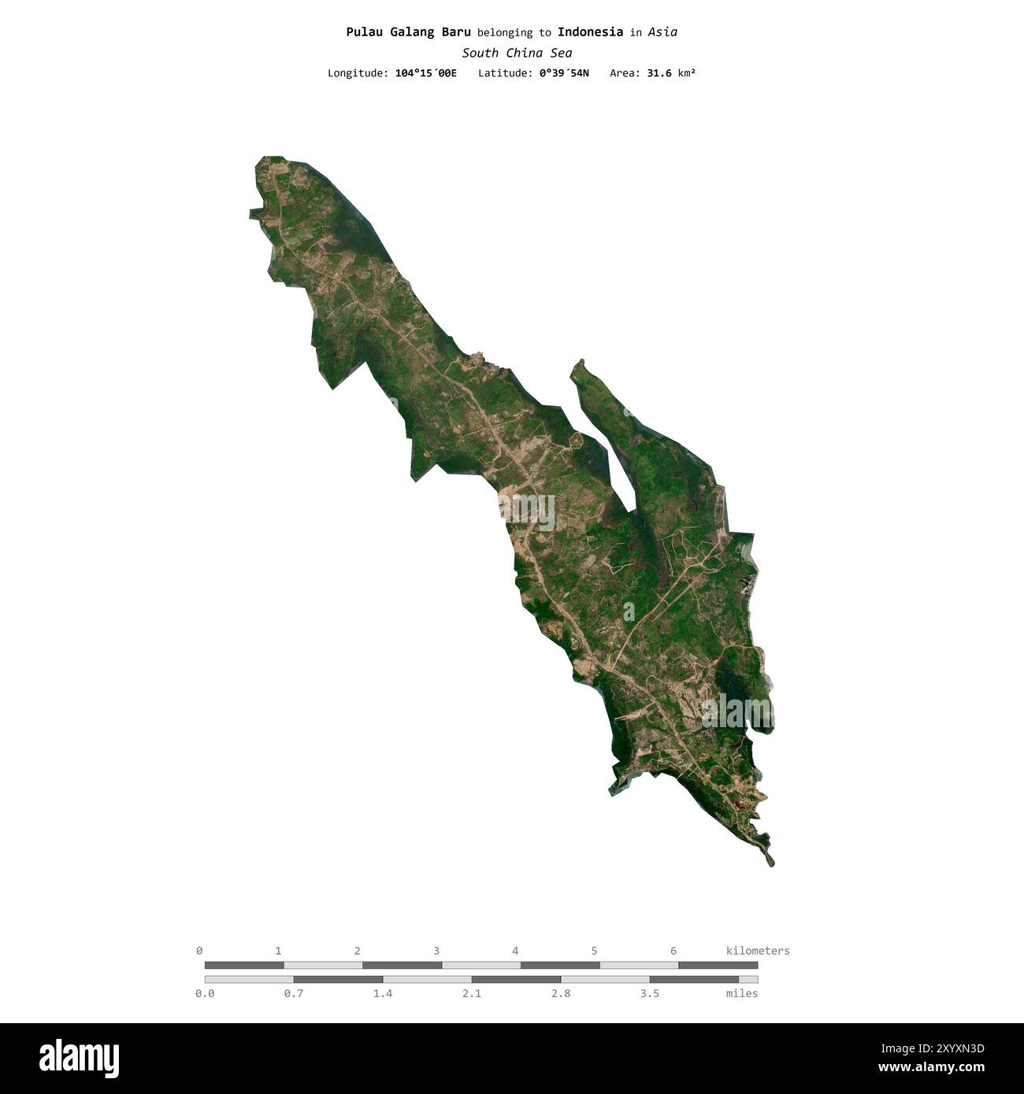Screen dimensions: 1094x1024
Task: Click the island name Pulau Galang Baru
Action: click(x=408, y=32)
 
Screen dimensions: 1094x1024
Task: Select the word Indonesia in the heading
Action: click(x=590, y=32)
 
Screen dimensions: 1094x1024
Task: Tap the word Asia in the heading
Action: click(x=663, y=32)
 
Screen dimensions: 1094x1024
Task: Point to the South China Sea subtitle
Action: click(x=517, y=54)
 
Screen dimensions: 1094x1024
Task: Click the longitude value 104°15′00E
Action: click(x=425, y=73)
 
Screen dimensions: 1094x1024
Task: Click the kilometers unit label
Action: click(x=757, y=951)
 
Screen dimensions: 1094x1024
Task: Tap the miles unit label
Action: click(x=741, y=993)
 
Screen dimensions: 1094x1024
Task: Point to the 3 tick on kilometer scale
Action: click(x=436, y=951)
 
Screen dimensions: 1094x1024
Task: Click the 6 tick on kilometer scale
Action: click(x=673, y=951)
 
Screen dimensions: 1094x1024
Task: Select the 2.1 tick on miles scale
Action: click(x=472, y=993)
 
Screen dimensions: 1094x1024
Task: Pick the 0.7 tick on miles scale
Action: click(x=294, y=993)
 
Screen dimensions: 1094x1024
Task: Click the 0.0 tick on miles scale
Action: click(x=205, y=993)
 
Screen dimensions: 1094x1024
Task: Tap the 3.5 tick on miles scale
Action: click(x=650, y=993)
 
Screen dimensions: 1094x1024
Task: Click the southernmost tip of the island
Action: click(x=772, y=865)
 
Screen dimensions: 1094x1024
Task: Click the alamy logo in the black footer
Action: click(x=79, y=1059)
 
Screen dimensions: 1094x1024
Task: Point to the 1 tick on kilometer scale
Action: click(x=278, y=951)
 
